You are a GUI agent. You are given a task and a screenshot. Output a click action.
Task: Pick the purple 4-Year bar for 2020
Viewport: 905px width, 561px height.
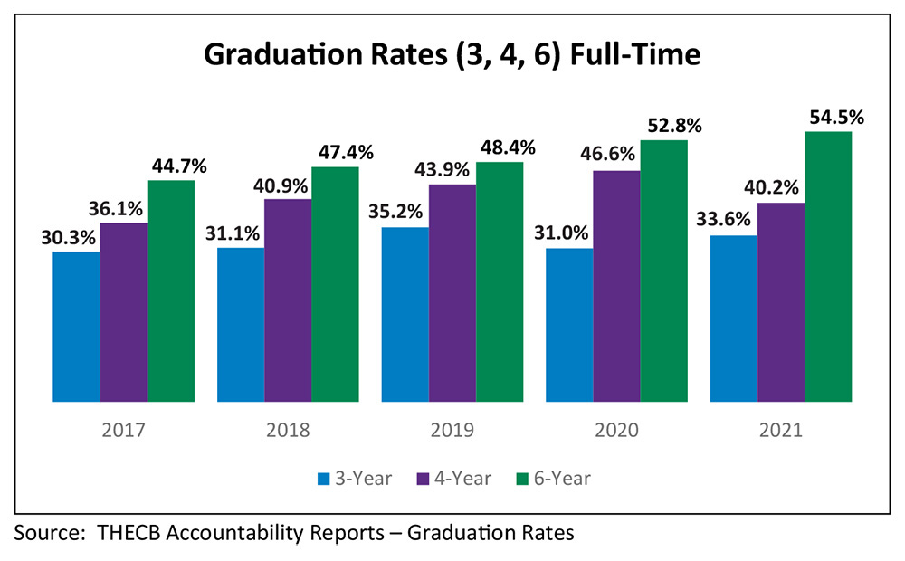[616, 285]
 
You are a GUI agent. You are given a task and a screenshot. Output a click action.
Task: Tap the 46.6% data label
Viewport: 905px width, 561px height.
[615, 156]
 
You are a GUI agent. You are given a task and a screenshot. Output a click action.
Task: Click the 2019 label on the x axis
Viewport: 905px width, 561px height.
[452, 430]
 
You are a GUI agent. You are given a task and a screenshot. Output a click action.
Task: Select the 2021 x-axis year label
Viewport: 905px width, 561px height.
[781, 430]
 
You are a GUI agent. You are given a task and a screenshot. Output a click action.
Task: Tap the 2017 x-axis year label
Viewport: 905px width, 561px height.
[123, 430]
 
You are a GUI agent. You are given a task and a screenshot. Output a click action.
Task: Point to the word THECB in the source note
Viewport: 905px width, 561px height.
[128, 533]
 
